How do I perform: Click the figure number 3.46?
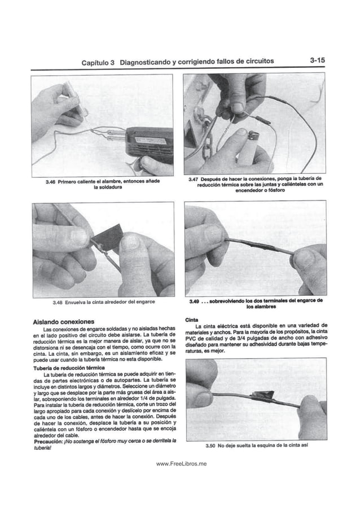click(x=52, y=181)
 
